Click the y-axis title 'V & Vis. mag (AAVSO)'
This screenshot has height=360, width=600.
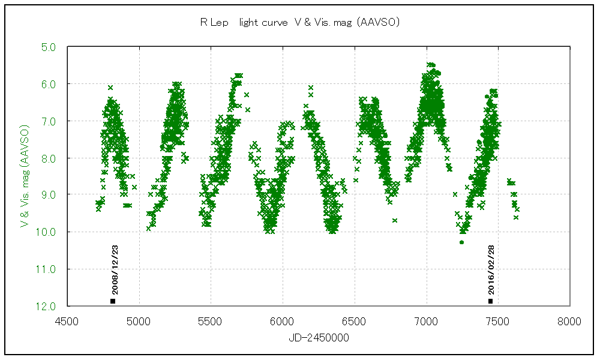click(x=25, y=176)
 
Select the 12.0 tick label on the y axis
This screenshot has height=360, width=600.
click(x=48, y=306)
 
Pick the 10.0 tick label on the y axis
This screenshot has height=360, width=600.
click(x=48, y=232)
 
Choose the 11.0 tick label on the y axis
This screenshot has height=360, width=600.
click(x=48, y=269)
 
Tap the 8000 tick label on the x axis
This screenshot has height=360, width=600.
click(x=569, y=321)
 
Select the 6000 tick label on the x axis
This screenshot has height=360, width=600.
click(x=283, y=321)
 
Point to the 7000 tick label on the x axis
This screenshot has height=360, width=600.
click(x=426, y=321)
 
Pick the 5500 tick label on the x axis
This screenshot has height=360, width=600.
click(x=211, y=321)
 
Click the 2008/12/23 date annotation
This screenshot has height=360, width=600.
click(x=113, y=271)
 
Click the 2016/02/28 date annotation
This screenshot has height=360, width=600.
click(x=491, y=271)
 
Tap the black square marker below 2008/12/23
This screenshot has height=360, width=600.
click(x=113, y=301)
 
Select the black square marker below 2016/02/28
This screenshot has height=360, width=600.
click(x=490, y=301)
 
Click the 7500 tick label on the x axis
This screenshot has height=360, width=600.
click(x=497, y=321)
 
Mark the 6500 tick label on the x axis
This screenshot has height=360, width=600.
click(x=354, y=321)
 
